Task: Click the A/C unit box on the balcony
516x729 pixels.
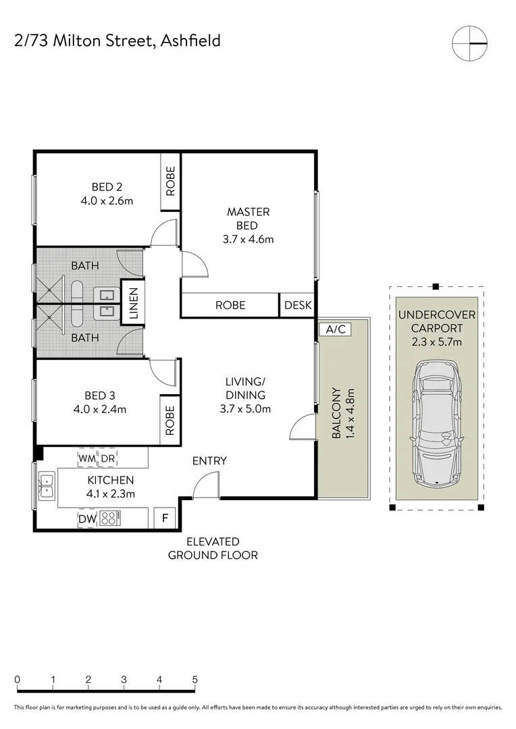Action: tap(332, 329)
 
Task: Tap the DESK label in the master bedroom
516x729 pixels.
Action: tap(298, 305)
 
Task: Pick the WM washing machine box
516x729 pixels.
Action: tap(87, 459)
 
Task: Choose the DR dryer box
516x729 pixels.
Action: tap(107, 459)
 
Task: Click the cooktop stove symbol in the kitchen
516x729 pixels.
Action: tap(111, 518)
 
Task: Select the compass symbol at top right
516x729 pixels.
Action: tap(469, 44)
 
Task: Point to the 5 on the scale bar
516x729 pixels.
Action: tap(195, 679)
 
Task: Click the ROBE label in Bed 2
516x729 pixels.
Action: tap(170, 181)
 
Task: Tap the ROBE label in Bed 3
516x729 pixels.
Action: tap(170, 419)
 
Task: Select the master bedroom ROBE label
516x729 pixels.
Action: tap(230, 305)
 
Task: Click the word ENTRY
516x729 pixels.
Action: tap(209, 461)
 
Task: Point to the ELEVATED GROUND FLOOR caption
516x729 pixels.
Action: tap(213, 549)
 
